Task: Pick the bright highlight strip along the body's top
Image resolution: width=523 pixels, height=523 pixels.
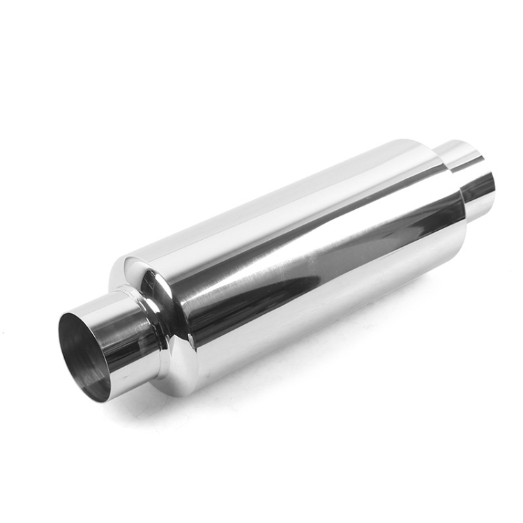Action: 279,202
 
